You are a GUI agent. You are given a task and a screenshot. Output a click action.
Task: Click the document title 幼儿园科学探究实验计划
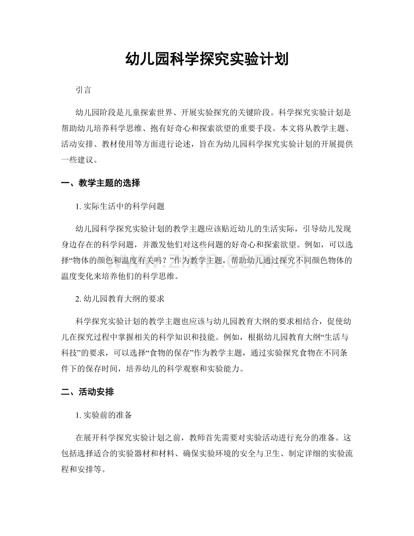tap(207, 59)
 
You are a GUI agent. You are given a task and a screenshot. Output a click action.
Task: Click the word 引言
tap(84, 90)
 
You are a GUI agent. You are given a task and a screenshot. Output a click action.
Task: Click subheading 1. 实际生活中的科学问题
tap(120, 207)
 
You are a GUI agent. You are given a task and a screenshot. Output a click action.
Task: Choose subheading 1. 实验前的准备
tap(104, 416)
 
